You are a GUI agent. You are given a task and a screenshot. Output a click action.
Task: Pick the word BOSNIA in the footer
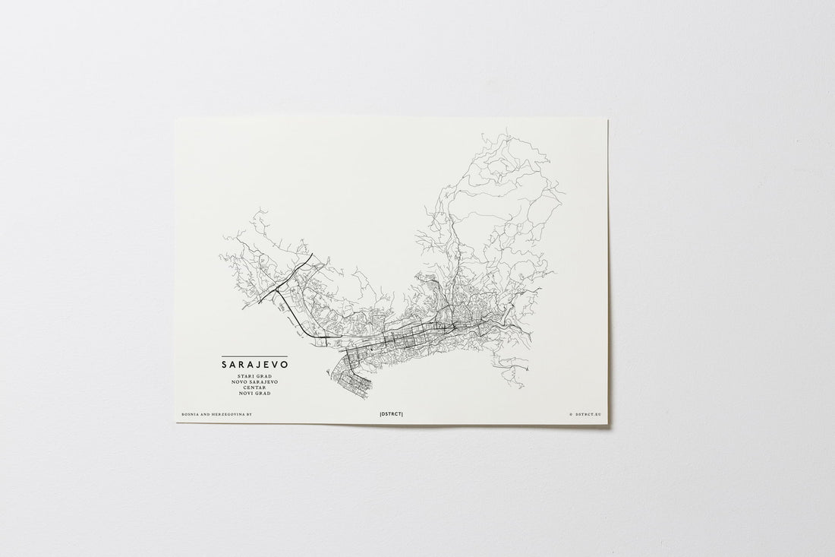(x=189, y=415)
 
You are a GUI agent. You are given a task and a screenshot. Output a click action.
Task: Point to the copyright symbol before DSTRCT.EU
(x=570, y=415)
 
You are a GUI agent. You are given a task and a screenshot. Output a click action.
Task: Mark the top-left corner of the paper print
(x=175, y=118)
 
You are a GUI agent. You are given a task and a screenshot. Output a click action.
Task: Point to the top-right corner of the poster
(x=607, y=118)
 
